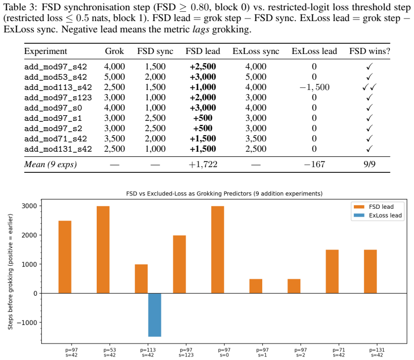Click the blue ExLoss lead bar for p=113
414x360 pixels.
(154, 315)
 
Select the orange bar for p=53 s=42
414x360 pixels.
(103, 249)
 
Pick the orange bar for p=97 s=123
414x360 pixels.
(179, 264)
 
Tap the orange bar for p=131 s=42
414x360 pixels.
(370, 272)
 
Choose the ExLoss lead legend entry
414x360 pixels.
(377, 215)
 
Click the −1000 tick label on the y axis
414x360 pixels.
(27, 322)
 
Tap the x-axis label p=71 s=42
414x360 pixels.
(338, 352)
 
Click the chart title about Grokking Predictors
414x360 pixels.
(224, 193)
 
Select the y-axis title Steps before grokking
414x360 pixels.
(10, 272)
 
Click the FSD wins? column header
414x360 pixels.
(369, 51)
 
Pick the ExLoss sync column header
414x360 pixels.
(256, 51)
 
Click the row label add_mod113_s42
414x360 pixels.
(58, 87)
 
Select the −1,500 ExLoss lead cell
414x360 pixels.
(314, 87)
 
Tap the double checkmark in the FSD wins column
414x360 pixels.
(369, 87)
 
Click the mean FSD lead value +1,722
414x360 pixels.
(203, 164)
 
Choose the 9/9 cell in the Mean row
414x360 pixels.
(369, 164)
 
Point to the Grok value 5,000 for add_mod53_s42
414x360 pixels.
(114, 77)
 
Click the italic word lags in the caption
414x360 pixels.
(201, 29)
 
